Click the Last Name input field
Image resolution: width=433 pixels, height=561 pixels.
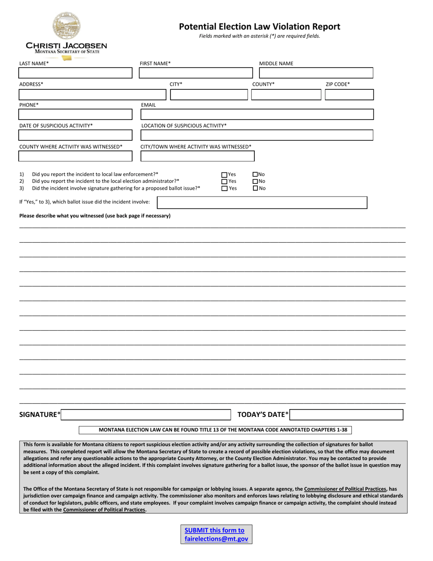click(x=75, y=73)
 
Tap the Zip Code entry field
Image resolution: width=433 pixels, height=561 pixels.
click(x=349, y=95)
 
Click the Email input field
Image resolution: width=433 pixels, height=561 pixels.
click(x=257, y=114)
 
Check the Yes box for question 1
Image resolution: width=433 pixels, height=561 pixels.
click(x=224, y=175)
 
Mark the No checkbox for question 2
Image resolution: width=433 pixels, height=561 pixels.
click(x=255, y=182)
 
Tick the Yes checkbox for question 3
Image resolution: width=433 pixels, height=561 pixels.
click(x=224, y=188)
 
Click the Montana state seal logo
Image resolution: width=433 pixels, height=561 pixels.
click(x=67, y=25)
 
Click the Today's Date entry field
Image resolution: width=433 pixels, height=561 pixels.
click(x=346, y=415)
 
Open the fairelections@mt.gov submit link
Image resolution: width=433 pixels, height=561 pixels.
click(x=216, y=535)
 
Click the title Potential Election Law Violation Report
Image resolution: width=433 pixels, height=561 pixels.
click(x=259, y=26)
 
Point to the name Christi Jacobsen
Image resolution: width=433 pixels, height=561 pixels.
click(x=67, y=46)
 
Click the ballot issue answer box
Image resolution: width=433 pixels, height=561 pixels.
click(x=262, y=203)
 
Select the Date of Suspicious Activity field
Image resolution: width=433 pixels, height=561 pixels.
click(x=75, y=135)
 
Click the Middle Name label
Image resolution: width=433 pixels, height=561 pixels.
click(x=276, y=63)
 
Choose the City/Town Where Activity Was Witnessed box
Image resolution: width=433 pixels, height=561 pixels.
click(x=197, y=156)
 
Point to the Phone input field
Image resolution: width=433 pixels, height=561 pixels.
click(x=75, y=114)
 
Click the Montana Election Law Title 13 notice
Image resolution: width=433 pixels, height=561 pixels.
click(x=216, y=430)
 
